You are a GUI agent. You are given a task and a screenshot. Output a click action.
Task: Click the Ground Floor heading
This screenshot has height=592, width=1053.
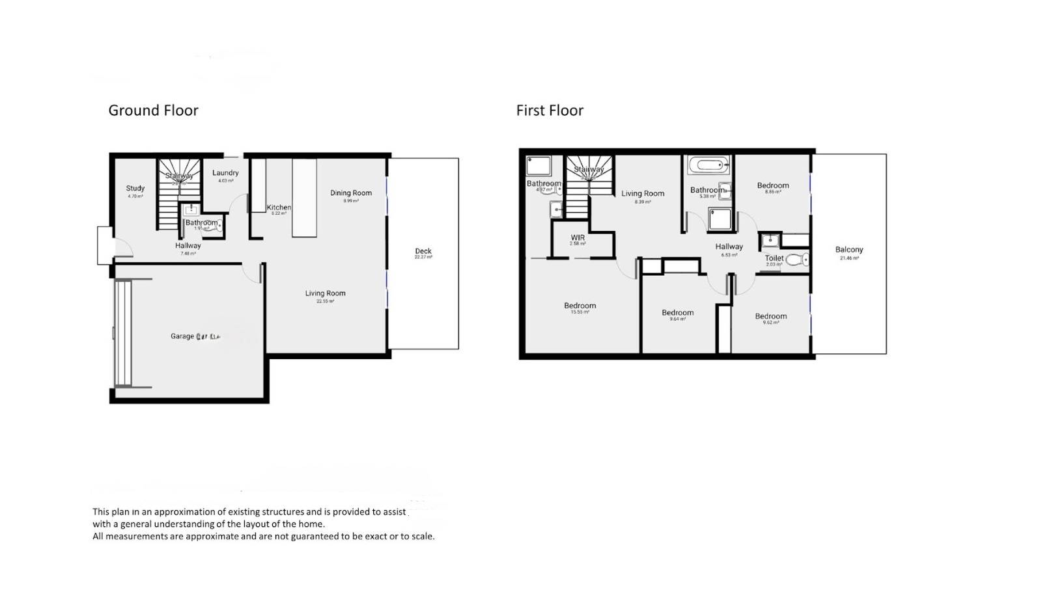153,111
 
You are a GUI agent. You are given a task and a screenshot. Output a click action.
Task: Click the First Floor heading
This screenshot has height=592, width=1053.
550,111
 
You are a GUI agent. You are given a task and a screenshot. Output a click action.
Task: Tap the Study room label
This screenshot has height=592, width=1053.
135,189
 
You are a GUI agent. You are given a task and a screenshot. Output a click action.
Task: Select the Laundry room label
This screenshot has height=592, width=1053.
225,173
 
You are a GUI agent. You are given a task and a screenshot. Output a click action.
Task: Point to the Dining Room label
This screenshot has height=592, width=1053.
351,193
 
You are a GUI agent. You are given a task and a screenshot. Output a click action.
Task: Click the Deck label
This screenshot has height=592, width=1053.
423,251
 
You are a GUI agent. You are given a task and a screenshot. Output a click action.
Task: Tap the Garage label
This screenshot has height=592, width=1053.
182,336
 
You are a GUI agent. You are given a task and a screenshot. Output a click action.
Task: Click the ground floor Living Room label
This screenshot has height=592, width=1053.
325,293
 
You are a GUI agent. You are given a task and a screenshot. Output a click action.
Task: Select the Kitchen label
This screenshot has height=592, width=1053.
279,208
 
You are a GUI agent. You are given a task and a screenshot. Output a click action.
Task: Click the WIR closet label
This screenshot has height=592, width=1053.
578,238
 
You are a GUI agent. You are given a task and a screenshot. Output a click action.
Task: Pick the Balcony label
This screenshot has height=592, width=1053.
849,250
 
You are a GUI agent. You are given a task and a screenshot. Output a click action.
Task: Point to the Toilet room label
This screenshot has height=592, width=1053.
774,258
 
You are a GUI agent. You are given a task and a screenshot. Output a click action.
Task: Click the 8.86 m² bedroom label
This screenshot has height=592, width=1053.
773,186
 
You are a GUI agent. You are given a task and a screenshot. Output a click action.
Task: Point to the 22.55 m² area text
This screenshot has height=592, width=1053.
325,301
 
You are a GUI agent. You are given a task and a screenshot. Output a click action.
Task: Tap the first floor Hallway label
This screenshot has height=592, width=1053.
729,247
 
